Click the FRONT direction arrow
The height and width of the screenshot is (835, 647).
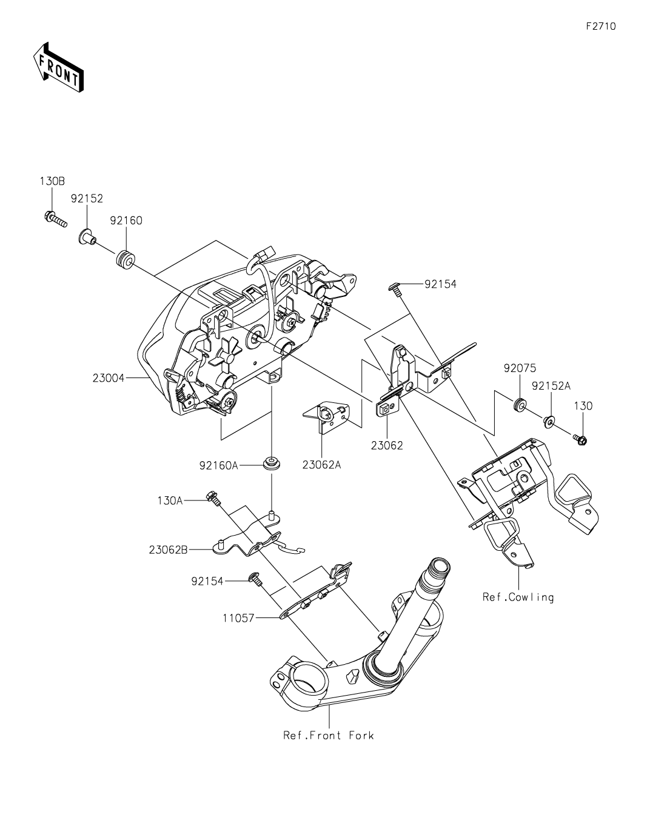(x=58, y=67)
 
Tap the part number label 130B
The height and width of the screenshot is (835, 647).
(x=52, y=181)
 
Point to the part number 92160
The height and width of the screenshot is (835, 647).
(x=126, y=221)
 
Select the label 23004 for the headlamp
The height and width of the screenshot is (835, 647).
(x=109, y=378)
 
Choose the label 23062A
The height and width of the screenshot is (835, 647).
(x=321, y=465)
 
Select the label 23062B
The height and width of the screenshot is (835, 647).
(x=168, y=550)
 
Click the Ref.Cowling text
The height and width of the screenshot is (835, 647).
(x=518, y=597)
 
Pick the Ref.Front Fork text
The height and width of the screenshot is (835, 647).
(x=329, y=736)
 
